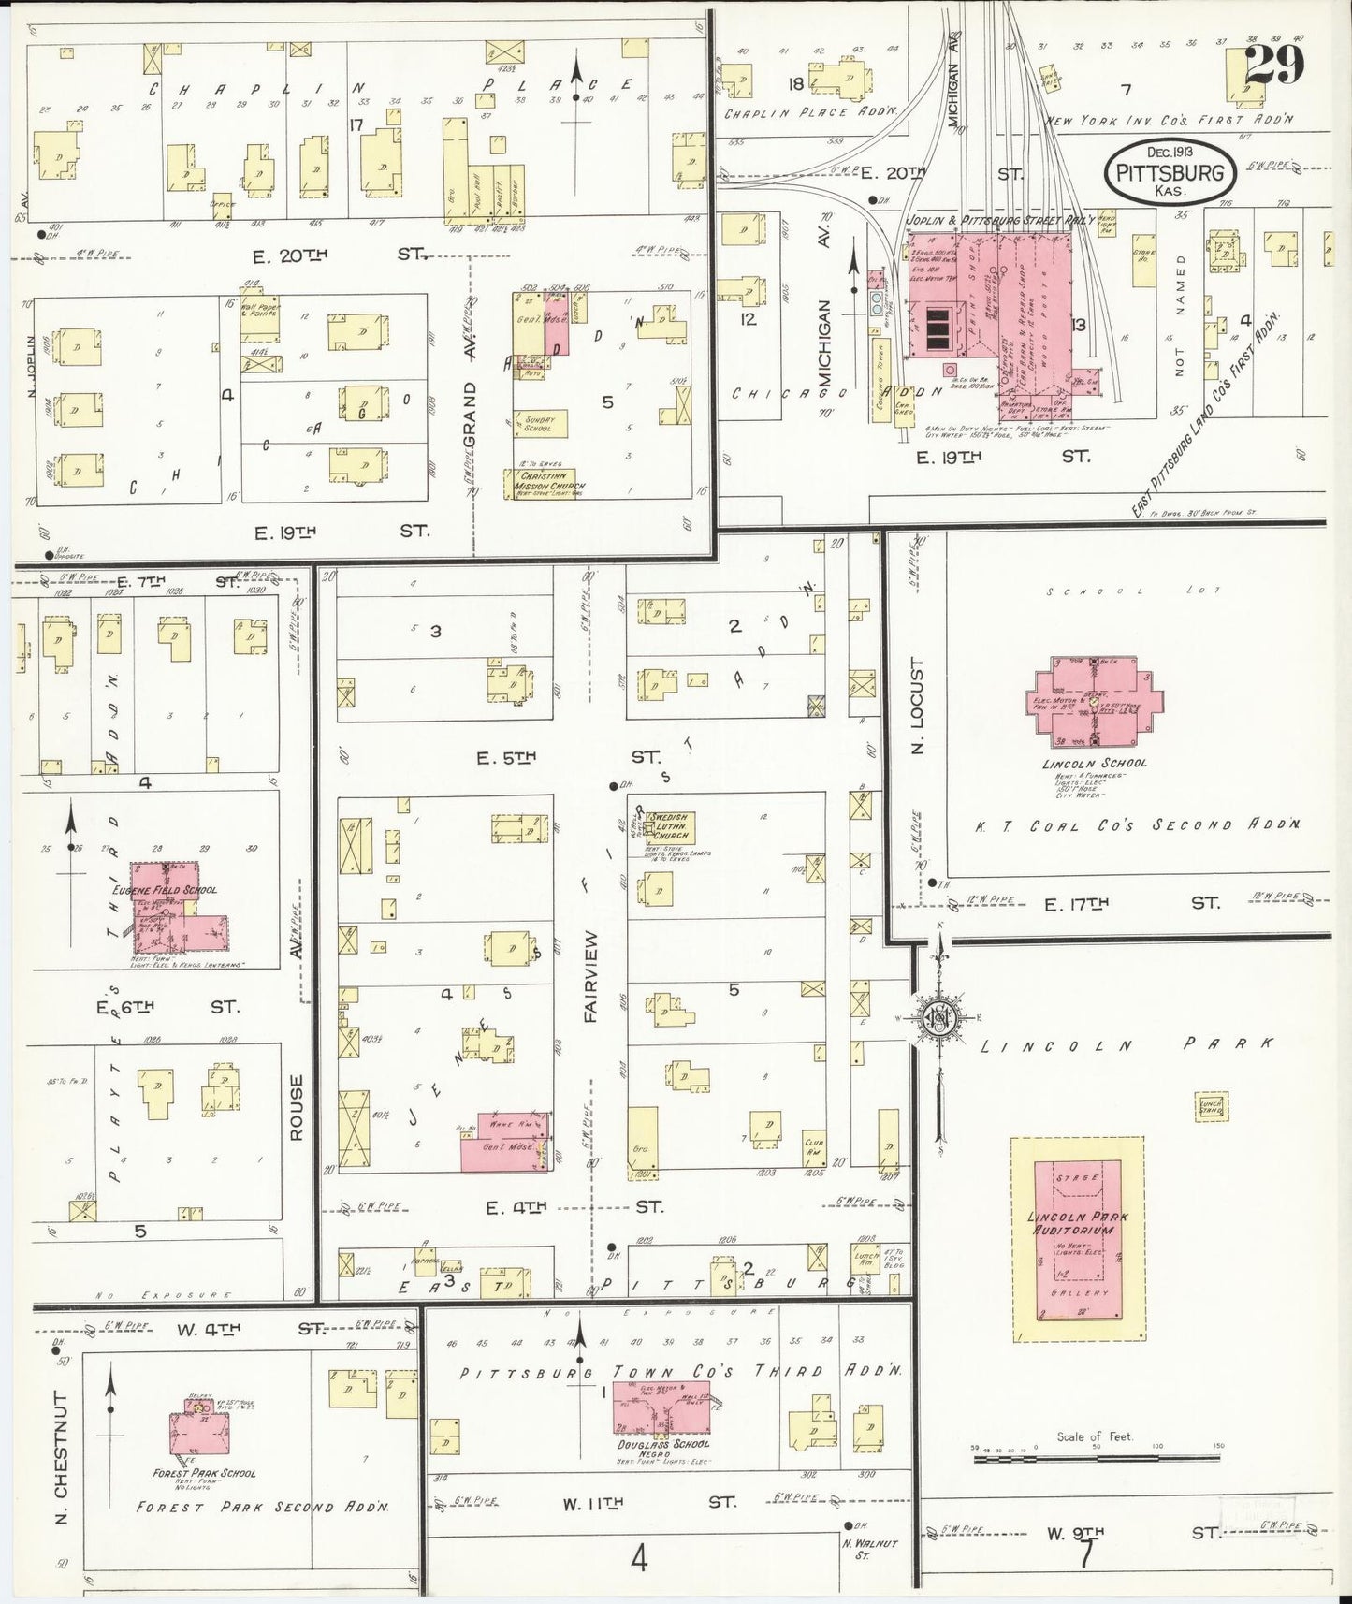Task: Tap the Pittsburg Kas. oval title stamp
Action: point(1171,172)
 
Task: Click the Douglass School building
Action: point(661,1413)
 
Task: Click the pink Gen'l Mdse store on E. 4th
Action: point(503,1144)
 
